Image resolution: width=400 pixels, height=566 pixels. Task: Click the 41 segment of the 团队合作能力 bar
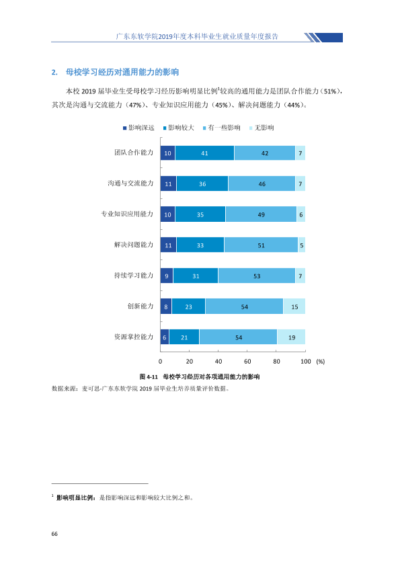[x=204, y=153]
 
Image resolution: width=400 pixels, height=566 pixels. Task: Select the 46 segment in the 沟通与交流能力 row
[x=262, y=184]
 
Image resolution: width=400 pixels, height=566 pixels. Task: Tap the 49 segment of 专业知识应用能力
[x=261, y=214]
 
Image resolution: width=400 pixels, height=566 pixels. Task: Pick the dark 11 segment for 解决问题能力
[x=168, y=245]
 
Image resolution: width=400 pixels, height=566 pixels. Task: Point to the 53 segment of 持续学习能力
[x=257, y=276]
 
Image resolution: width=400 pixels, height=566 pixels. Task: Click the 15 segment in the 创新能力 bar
[x=294, y=307]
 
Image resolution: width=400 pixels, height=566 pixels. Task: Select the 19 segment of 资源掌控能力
[x=291, y=337]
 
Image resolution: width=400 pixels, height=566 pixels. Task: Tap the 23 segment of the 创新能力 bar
[x=188, y=307]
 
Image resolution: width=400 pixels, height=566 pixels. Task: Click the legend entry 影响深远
[x=138, y=128]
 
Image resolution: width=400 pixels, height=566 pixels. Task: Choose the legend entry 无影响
[x=262, y=128]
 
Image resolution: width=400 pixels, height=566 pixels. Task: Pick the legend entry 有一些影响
[x=222, y=128]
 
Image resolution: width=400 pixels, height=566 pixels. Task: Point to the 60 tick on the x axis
[x=247, y=362]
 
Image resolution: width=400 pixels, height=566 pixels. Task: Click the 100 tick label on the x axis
[x=306, y=362]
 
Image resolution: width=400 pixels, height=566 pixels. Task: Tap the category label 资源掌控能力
[x=134, y=337]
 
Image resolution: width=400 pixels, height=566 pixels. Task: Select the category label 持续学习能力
[x=134, y=276]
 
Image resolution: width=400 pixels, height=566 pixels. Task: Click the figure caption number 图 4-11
[x=149, y=377]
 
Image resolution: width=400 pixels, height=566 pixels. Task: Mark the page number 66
[x=54, y=534]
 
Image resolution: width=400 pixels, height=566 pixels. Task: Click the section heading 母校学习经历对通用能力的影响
[x=122, y=72]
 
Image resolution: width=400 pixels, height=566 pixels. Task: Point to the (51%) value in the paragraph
[x=330, y=91]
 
